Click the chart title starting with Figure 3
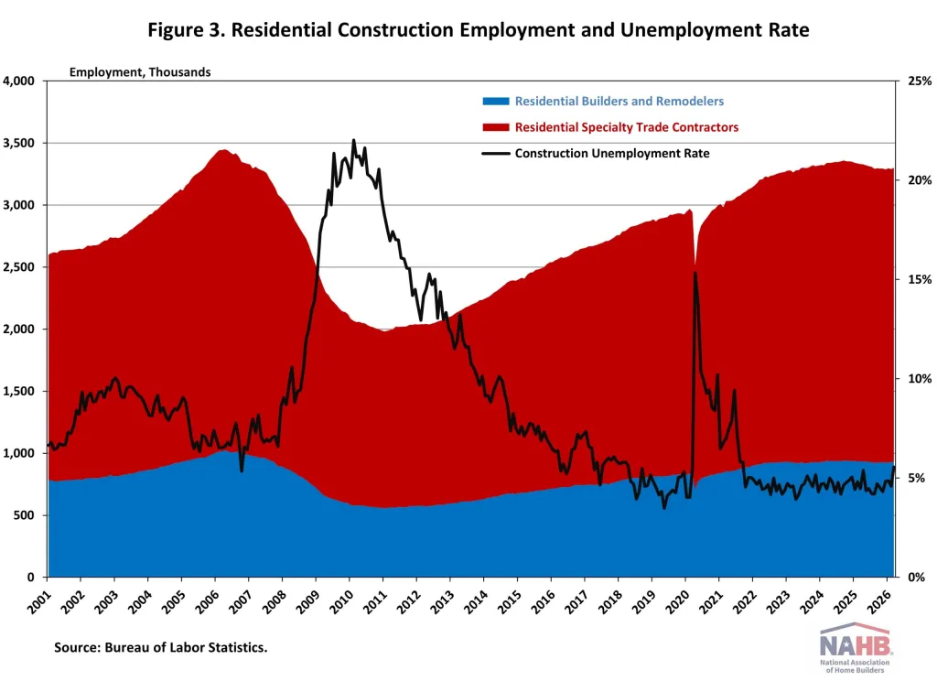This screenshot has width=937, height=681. pos(479,29)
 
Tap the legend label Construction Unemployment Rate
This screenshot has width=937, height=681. pos(612,153)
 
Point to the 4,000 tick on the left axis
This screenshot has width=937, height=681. pos(18,81)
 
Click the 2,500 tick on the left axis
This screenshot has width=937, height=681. pos(18,267)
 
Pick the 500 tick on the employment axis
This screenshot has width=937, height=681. pos(24,515)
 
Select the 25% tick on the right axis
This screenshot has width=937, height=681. pos(919,81)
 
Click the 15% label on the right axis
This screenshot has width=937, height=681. pos(919,280)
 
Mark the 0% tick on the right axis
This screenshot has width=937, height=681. pos(916,578)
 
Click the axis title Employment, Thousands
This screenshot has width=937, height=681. pos(140,72)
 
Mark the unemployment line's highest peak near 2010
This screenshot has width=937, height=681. pos(353,141)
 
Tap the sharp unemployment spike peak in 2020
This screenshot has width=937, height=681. pos(695,273)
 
